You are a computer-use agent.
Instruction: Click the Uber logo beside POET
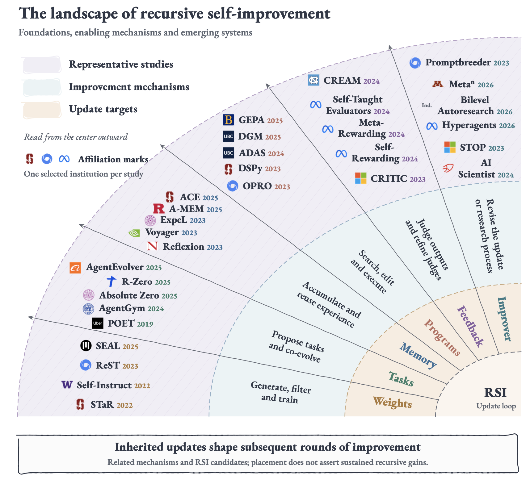pos(98,323)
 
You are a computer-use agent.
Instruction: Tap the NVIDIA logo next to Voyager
pos(134,233)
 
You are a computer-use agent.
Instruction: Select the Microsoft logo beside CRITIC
pos(361,178)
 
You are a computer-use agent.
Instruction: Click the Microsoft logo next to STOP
pos(450,147)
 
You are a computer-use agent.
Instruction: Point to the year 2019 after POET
pos(145,324)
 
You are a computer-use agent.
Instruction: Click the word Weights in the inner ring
pos(392,403)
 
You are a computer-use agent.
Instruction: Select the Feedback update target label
pos(470,326)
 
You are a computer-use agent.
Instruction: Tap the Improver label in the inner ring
pos(504,319)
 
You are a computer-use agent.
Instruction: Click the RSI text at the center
pos(495,393)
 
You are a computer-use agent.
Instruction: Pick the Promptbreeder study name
pos(458,62)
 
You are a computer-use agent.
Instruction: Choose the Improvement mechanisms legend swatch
pos(42,88)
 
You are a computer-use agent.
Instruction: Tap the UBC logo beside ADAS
pos(228,153)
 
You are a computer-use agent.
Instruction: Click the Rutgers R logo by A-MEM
pos(159,209)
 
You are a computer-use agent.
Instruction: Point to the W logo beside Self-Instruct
pos(67,385)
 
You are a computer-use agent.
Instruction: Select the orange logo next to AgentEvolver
pos(75,268)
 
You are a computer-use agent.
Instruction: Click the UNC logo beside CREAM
pos(313,80)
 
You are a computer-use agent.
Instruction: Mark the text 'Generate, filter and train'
pos(281,392)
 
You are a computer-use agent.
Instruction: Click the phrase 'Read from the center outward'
pos(76,137)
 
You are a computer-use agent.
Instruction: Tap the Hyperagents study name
pos(469,125)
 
